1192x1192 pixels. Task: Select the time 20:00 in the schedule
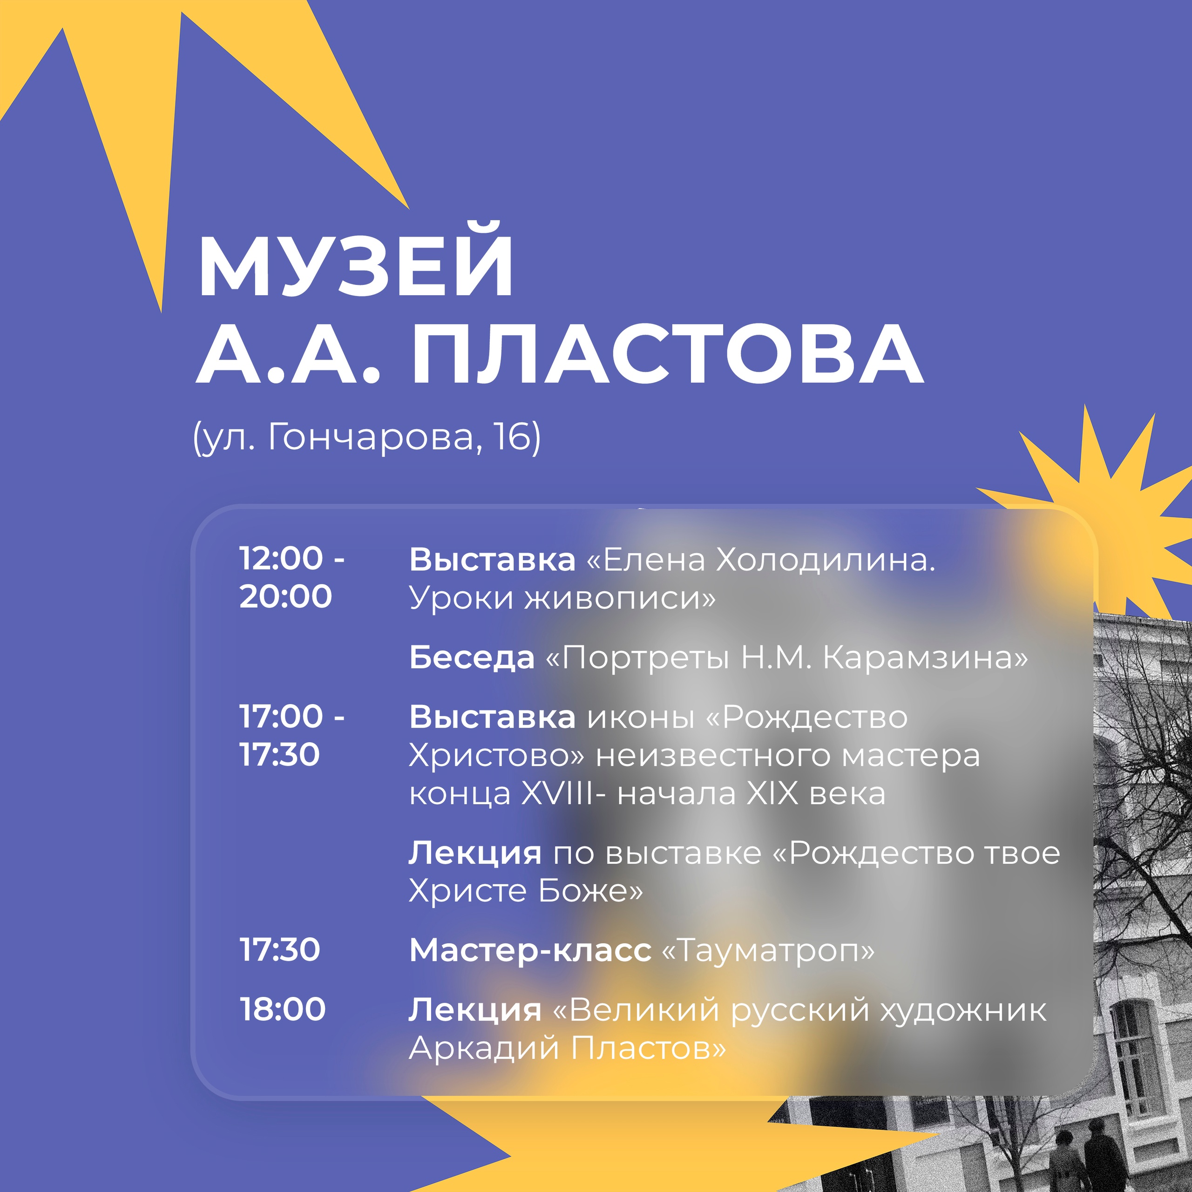(285, 596)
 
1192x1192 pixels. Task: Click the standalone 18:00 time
(283, 1009)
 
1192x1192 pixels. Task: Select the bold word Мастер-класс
(530, 950)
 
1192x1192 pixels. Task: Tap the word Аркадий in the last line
(484, 1048)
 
